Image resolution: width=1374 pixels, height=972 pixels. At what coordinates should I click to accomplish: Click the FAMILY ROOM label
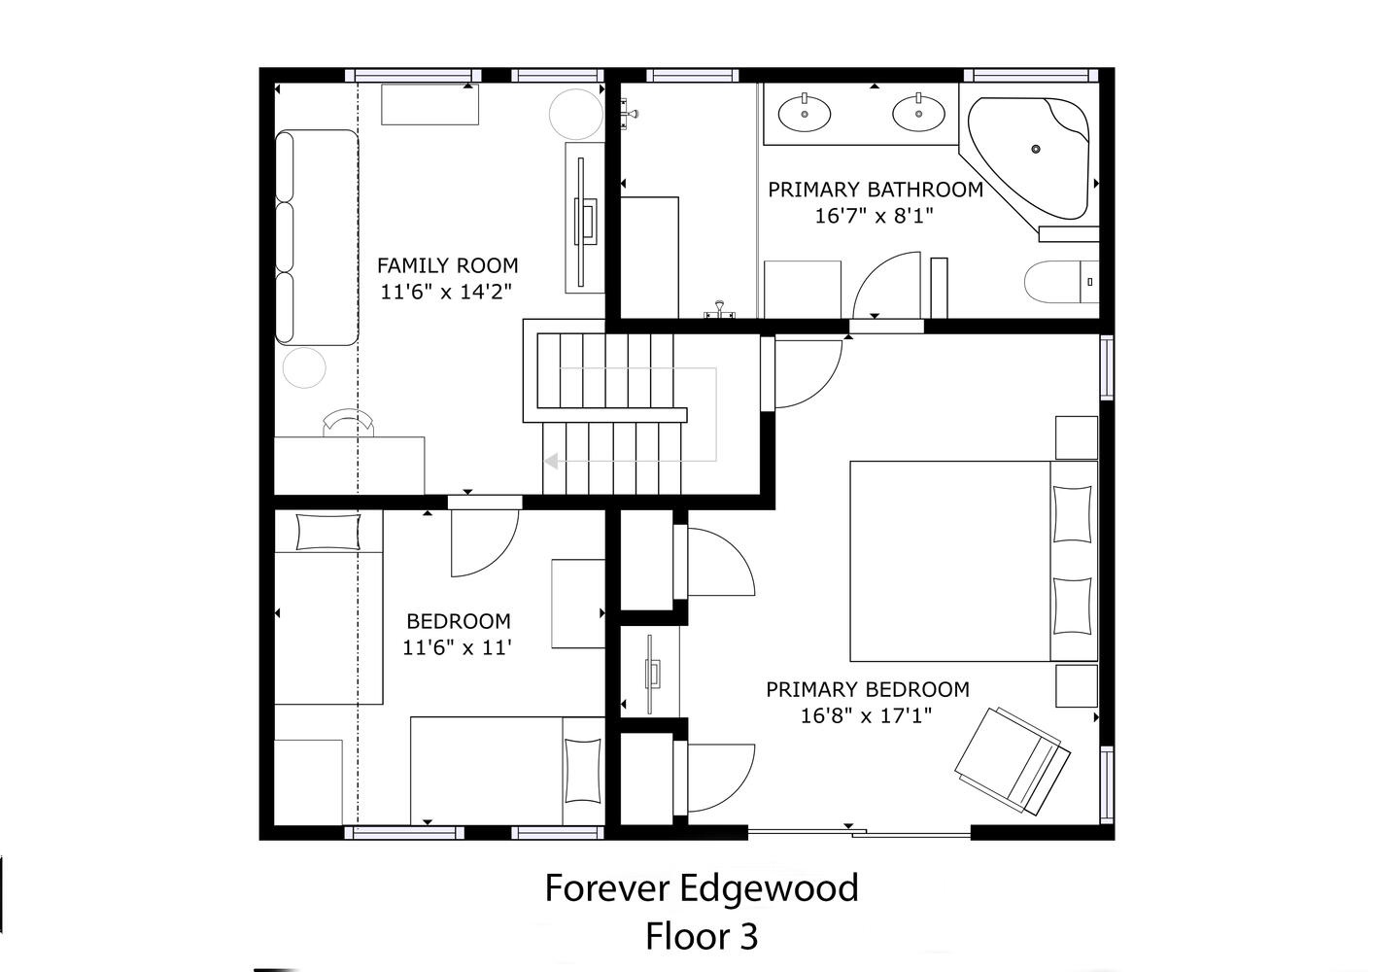pos(447,265)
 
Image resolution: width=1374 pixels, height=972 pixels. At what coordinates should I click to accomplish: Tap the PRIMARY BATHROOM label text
pos(876,190)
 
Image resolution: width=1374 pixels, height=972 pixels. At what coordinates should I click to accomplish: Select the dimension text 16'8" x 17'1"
pos(866,715)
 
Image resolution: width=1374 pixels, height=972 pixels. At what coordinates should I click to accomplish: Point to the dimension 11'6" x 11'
pos(457,647)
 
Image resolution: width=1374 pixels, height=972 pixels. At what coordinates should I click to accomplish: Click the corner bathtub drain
pos(1036,149)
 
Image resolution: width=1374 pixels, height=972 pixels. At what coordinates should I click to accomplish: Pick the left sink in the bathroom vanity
pos(805,113)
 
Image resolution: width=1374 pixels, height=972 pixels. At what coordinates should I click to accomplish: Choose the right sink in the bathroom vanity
pos(918,113)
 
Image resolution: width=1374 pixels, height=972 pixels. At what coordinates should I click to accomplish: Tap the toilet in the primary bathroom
pos(1061,282)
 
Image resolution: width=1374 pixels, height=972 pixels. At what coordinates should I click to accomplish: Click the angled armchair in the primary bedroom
pos(1013,761)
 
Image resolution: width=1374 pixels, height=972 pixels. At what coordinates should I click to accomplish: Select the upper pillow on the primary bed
pos(1072,514)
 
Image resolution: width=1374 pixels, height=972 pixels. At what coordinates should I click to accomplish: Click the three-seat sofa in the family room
pos(317,237)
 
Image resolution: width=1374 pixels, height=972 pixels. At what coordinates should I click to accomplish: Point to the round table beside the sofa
pos(304,367)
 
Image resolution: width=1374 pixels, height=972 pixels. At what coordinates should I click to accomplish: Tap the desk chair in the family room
pos(349,422)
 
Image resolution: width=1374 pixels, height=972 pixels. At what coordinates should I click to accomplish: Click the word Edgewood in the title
pos(770,888)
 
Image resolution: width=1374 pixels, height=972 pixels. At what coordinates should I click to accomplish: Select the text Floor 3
pos(702,937)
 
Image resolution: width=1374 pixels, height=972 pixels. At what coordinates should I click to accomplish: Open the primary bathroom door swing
pos(887,286)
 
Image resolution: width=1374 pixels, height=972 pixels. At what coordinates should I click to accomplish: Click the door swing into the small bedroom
pos(485,543)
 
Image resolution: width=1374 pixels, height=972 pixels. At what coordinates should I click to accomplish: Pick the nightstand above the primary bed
pos(1077,437)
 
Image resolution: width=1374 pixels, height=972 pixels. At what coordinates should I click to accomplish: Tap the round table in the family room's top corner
pos(576,114)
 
